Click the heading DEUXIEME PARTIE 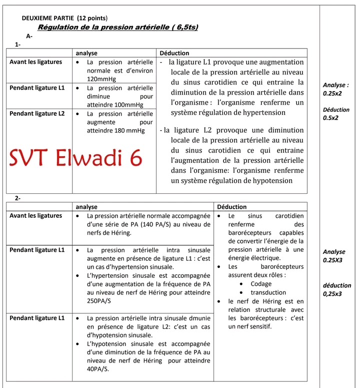(49, 18)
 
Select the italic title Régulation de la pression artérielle (117, 27)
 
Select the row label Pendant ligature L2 (37, 114)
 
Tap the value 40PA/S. (98, 369)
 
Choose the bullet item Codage (261, 284)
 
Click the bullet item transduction (268, 292)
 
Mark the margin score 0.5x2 (331, 118)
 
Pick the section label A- (29, 36)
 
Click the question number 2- (17, 198)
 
